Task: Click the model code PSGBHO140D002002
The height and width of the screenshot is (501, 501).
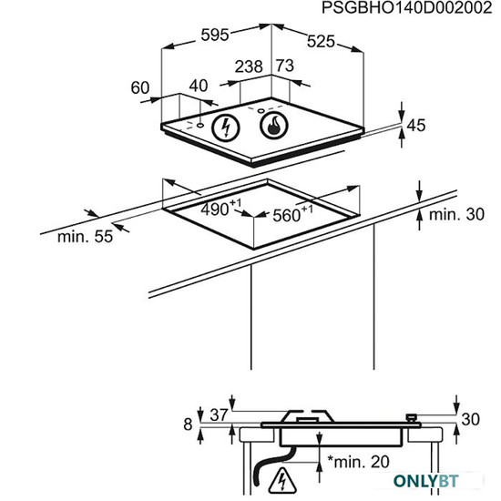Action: (x=406, y=8)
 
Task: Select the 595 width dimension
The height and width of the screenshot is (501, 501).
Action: (x=215, y=35)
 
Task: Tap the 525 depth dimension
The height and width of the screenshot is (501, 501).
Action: (x=321, y=42)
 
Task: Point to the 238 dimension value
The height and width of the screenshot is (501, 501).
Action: (x=249, y=66)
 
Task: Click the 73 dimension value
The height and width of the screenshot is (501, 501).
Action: (x=285, y=66)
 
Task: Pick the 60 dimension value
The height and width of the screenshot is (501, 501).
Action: (x=140, y=87)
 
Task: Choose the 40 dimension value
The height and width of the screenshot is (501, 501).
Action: (x=199, y=86)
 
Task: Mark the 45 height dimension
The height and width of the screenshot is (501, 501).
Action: (x=416, y=126)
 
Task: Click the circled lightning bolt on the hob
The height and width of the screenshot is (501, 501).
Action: (x=226, y=128)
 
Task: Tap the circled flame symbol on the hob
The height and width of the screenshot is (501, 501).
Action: (x=274, y=125)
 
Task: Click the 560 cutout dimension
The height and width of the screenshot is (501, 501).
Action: (x=292, y=213)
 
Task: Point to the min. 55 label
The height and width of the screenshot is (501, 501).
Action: (x=85, y=237)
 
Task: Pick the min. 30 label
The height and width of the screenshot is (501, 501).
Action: (x=456, y=215)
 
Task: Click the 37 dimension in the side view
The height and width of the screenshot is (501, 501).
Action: (x=219, y=414)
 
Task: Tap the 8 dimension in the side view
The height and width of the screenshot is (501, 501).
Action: (x=188, y=424)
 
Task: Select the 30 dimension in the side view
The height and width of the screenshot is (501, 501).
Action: (x=470, y=419)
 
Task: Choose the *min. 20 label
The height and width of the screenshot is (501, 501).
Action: (x=359, y=462)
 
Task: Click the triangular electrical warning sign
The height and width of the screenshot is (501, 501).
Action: (x=282, y=480)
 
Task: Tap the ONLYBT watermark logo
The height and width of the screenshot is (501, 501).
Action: (x=425, y=481)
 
